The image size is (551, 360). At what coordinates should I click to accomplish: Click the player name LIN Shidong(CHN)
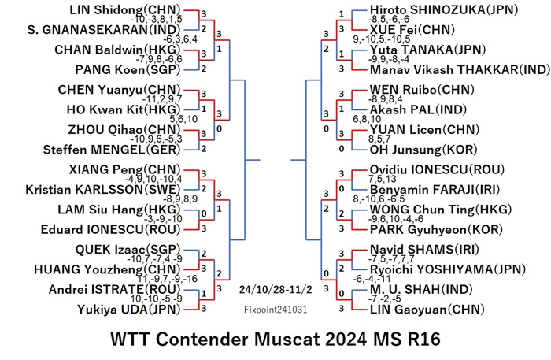[124, 9]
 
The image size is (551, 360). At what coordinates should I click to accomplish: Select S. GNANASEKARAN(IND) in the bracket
[104, 30]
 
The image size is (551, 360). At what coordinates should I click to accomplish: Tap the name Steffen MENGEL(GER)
[112, 150]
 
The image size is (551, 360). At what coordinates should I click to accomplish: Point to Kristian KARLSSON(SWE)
[103, 190]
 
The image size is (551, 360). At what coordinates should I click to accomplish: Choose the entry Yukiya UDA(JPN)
[128, 310]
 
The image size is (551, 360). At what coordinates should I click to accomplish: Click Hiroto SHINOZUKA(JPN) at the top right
[444, 9]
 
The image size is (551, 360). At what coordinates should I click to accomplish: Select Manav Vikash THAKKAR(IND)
[460, 69]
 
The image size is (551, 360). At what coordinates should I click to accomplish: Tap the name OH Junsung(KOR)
[423, 150]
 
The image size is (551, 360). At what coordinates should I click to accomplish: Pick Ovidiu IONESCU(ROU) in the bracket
[437, 170]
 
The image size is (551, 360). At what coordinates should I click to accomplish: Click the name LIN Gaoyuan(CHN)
[427, 310]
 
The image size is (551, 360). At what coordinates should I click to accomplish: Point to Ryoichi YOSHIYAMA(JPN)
[448, 269]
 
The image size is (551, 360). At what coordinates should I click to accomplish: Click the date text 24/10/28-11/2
[275, 290]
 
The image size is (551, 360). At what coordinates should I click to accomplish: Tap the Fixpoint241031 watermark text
[275, 310]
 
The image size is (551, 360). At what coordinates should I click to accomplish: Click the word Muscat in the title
[287, 340]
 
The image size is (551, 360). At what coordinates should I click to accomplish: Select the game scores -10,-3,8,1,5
[156, 20]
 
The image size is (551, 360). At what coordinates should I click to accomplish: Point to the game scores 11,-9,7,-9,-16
[167, 279]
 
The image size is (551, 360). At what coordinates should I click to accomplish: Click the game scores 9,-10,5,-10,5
[381, 39]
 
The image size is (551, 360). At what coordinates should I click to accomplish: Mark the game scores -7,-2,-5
[384, 299]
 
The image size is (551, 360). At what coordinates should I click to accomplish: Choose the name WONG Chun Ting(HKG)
[441, 210]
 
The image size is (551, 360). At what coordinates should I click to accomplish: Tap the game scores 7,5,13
[382, 180]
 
